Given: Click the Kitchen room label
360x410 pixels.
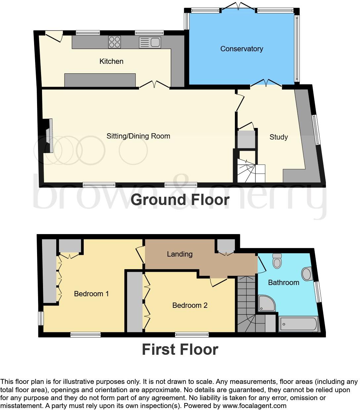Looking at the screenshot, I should [111, 61].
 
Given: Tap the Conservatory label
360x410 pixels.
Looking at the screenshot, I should [242, 49].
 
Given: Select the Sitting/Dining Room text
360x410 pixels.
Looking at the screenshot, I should [138, 136].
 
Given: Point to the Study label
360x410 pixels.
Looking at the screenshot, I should [278, 137].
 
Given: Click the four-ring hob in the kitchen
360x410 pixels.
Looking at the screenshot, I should [114, 42].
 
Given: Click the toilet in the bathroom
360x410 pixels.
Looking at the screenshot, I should [277, 261].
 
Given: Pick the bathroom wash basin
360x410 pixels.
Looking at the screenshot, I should [307, 274].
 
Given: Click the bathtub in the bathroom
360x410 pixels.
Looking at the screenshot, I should [298, 324].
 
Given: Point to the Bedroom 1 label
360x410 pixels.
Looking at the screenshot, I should [91, 294].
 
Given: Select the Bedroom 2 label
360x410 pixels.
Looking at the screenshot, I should [190, 305].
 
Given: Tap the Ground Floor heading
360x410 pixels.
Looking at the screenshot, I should [180, 200].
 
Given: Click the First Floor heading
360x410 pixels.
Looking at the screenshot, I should [180, 349].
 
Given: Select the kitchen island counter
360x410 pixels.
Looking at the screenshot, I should [100, 80].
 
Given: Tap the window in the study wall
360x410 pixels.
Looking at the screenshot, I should [317, 130].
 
